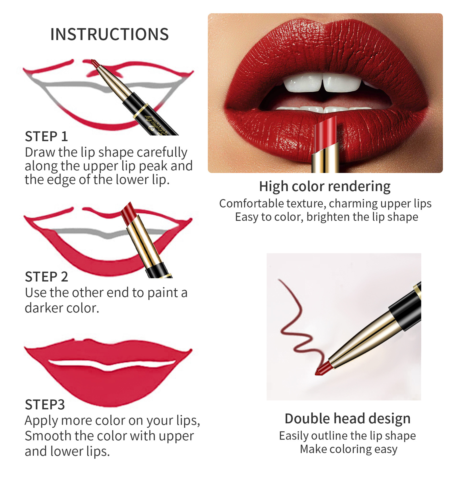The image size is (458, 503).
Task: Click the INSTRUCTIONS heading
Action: pyautogui.click(x=110, y=34)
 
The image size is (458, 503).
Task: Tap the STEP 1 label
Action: pyautogui.click(x=46, y=136)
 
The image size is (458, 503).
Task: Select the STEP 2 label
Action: pyautogui.click(x=46, y=277)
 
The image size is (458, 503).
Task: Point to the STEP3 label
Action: pyautogui.click(x=45, y=405)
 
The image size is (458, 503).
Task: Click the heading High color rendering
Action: pyautogui.click(x=325, y=187)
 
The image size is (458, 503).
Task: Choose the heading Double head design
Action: pyautogui.click(x=348, y=419)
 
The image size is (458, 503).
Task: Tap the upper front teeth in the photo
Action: pyautogui.click(x=323, y=82)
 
